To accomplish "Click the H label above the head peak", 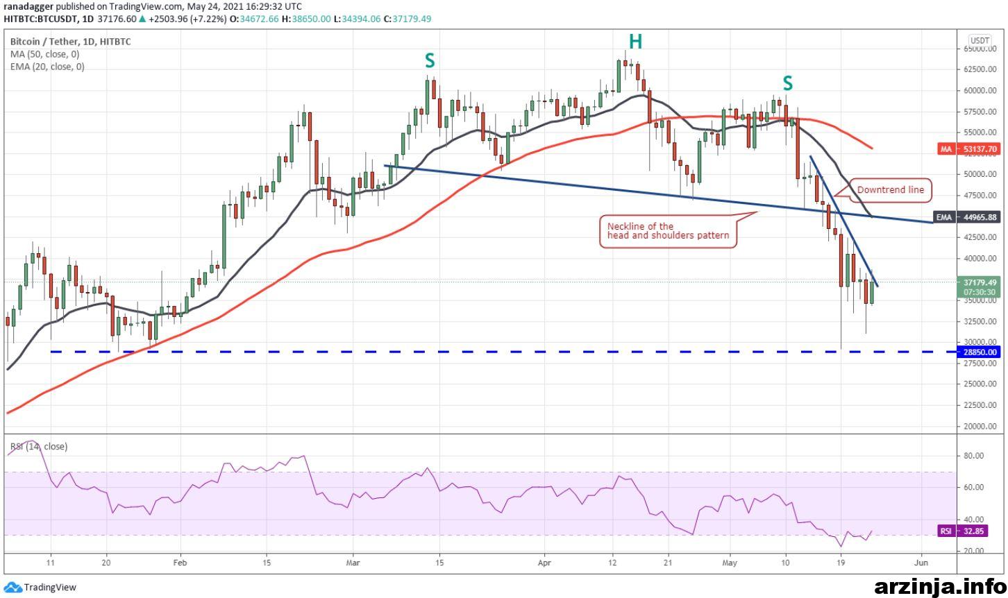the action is (635, 42).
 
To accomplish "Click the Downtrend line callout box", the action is (890, 190).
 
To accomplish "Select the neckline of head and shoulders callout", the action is (668, 231).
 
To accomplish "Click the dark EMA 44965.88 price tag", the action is (967, 217).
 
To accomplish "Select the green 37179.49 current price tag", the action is (980, 287).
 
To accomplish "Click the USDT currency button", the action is (980, 40).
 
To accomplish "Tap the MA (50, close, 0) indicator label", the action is (45, 54).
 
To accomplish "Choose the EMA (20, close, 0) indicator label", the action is (47, 67).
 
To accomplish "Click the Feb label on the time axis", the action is (180, 563).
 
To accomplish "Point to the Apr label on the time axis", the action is (544, 563).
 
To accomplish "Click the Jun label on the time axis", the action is (922, 563).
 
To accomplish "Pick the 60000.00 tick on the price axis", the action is (980, 90).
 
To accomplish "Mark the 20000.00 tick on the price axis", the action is (980, 426).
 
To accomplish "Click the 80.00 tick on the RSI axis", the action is (974, 456).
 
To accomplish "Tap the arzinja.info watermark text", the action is (940, 587).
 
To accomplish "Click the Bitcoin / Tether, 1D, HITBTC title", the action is (71, 42).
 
